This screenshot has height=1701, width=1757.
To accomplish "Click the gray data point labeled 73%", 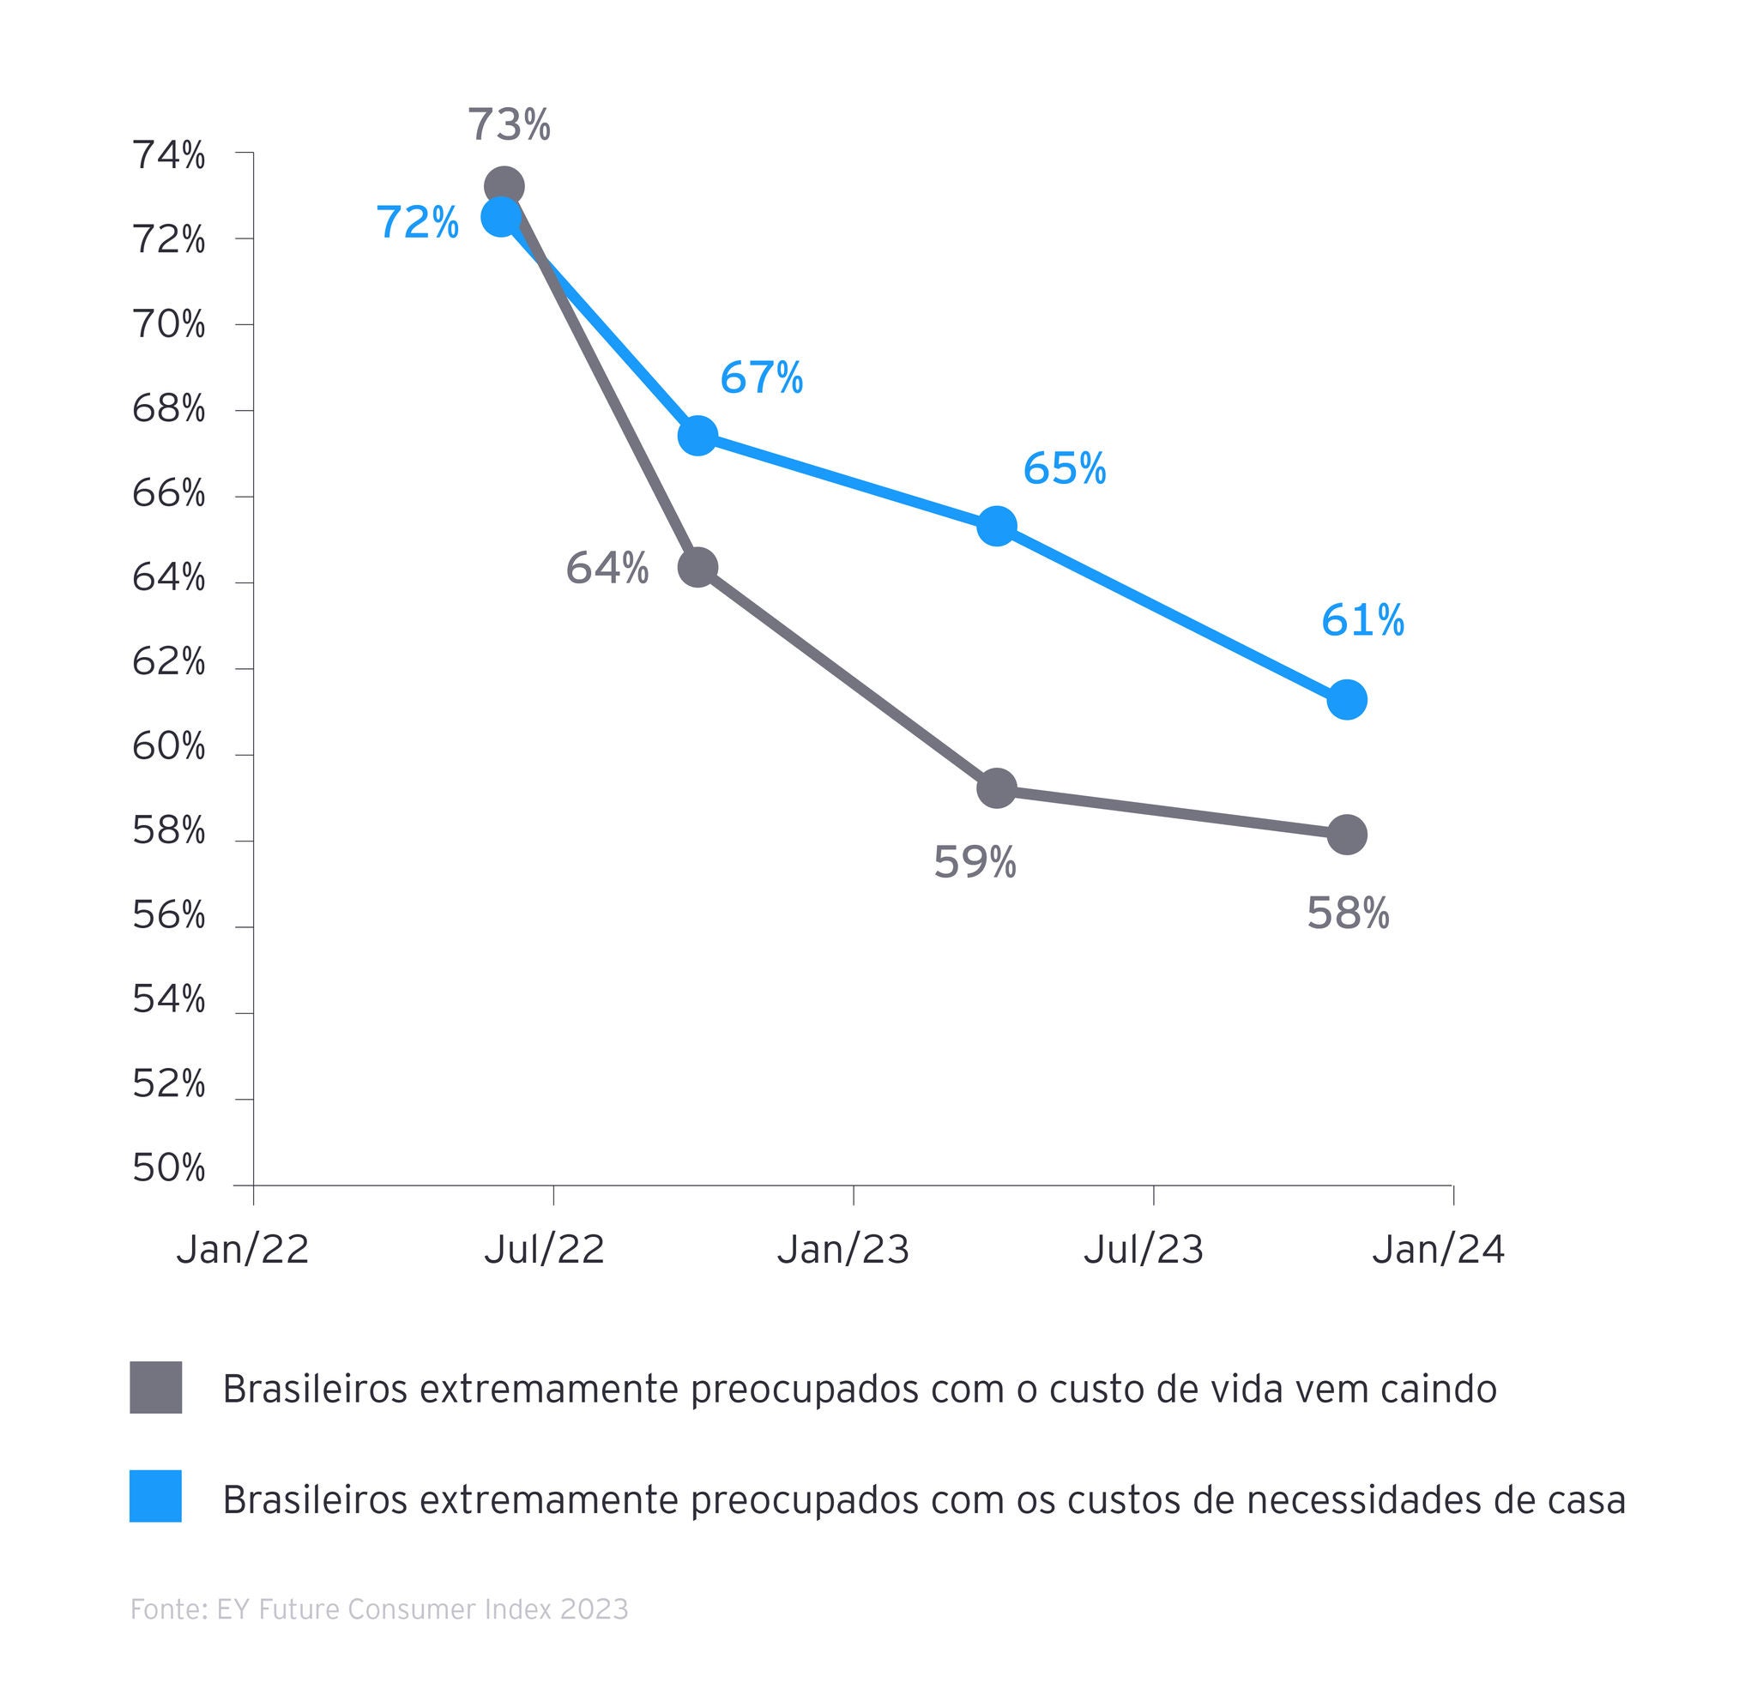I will tap(504, 187).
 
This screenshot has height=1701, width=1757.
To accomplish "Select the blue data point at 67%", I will tap(697, 437).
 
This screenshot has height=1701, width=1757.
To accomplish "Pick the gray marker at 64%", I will tap(698, 567).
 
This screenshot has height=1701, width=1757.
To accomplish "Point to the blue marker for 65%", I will tap(997, 526).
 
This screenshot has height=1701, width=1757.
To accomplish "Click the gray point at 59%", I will tap(997, 788).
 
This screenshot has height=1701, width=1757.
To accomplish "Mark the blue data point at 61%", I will tap(1346, 699).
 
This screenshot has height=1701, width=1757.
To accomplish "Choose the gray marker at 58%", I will tap(1346, 835).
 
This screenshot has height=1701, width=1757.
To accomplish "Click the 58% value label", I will tap(1347, 914).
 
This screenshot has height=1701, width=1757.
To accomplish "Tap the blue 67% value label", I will tap(761, 378).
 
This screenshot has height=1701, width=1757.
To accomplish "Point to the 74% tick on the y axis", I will tap(168, 156).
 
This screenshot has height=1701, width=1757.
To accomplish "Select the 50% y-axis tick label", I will tap(168, 1168).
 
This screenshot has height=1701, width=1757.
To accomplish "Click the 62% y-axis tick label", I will tap(168, 662).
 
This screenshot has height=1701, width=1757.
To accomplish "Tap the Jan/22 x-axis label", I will tap(242, 1249).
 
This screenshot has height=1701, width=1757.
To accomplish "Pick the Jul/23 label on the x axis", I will tap(1143, 1249).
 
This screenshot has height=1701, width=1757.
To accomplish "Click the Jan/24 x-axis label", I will tap(1438, 1249).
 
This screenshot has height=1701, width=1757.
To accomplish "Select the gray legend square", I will tap(156, 1388).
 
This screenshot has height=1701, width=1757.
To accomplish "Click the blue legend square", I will tap(156, 1497).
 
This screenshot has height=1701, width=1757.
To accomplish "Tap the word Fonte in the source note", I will tap(167, 1609).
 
